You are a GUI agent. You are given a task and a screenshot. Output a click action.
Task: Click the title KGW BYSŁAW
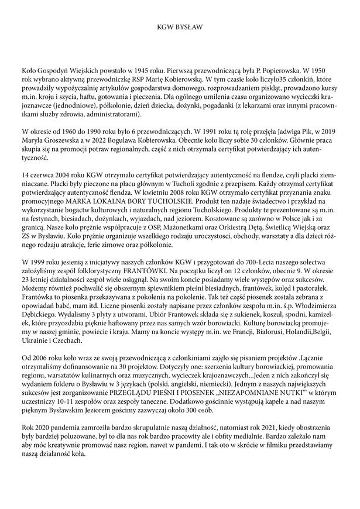[x=180, y=27]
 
